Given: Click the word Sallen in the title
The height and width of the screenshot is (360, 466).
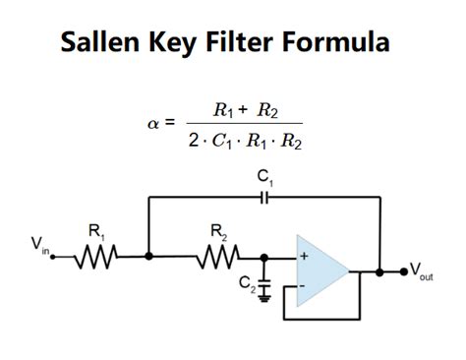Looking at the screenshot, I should pos(102,42).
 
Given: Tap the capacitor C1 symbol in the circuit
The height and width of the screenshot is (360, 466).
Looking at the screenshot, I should pos(264,198).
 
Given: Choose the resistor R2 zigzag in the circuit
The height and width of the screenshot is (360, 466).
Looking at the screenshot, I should pos(216,257).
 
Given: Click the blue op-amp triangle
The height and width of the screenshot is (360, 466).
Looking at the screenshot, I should pos(323,269).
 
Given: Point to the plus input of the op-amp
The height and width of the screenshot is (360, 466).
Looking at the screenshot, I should pos(304,257).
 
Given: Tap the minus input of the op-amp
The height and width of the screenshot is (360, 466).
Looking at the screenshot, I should pos(304,284).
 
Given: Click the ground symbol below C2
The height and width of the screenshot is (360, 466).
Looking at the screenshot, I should pos(264,296).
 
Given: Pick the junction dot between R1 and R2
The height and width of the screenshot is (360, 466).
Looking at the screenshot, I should pos(148,257).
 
